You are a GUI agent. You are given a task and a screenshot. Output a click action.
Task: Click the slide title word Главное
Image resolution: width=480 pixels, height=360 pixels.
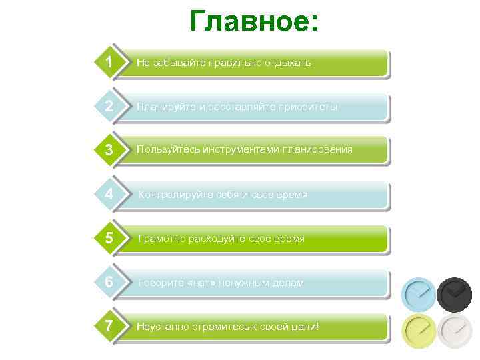254,21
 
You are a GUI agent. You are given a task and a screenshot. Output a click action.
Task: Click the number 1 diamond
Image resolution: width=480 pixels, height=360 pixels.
108,62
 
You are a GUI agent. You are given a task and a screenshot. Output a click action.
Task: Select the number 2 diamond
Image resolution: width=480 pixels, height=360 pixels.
108,106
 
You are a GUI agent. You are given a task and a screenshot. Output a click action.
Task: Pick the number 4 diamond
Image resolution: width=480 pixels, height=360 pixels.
108,195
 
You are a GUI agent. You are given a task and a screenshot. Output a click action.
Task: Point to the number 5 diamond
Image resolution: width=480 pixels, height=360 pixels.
108,238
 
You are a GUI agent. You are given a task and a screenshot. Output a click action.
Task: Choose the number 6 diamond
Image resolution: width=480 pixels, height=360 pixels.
108,282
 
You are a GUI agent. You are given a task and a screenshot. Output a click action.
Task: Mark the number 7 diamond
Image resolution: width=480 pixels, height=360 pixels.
108,326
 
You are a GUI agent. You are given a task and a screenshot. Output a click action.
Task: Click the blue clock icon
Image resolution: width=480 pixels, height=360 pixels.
419,293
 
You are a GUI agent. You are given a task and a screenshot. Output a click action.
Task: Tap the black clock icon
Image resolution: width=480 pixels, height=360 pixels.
455,293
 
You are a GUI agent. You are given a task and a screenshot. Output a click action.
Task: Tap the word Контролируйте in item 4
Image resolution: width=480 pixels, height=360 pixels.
169,195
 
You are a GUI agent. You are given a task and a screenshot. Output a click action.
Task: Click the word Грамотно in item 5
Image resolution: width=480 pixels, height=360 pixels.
159,239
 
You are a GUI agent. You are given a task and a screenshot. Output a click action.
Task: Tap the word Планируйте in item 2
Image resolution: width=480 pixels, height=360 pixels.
162,107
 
